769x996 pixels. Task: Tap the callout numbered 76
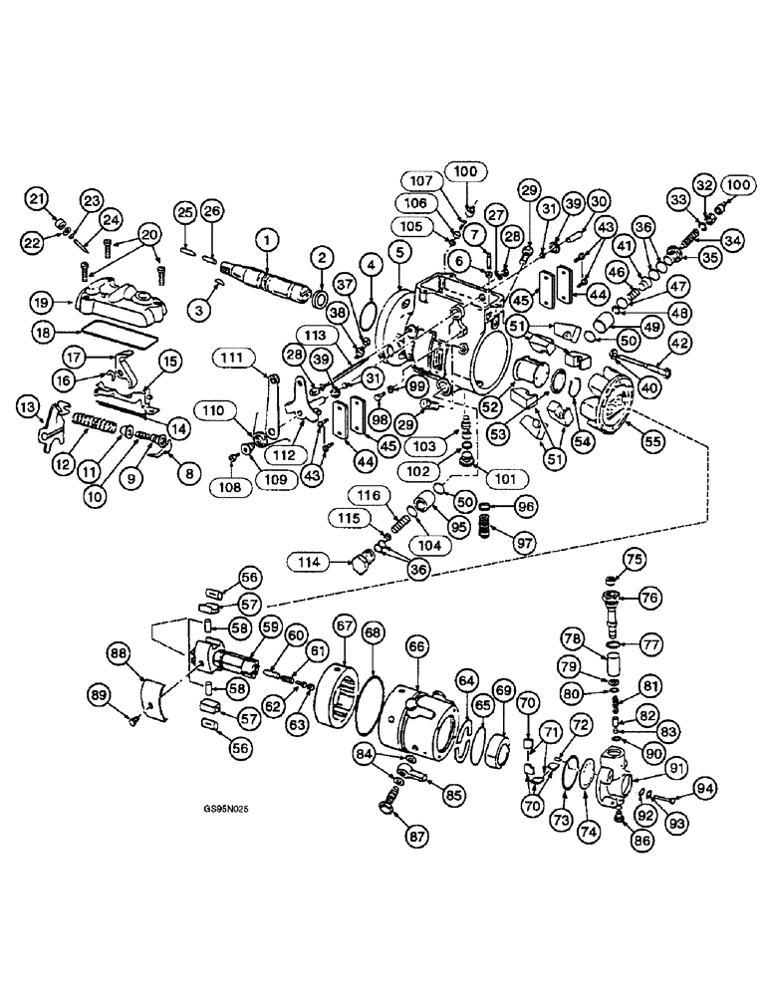point(648,598)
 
